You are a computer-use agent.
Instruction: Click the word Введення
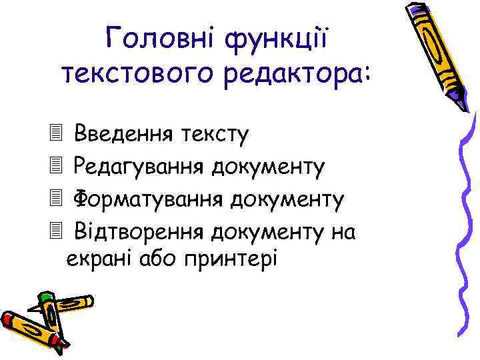tap(124, 134)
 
